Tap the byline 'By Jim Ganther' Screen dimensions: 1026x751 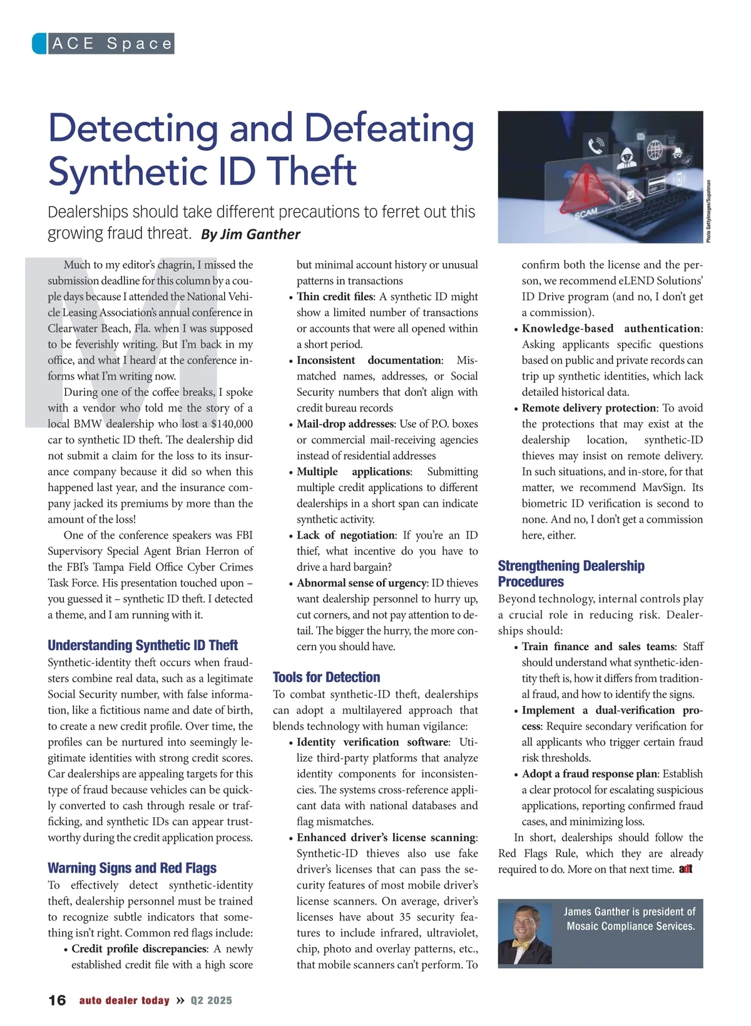tap(250, 234)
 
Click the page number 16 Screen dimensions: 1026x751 tap(57, 1000)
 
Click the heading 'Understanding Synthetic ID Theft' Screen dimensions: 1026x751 tap(143, 645)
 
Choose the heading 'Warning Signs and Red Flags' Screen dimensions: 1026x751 tap(132, 868)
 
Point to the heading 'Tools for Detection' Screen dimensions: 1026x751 tap(326, 677)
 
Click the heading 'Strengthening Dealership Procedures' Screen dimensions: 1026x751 tap(571, 574)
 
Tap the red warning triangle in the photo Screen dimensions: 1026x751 tap(585, 187)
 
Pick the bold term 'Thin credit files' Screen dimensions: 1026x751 tap(335, 297)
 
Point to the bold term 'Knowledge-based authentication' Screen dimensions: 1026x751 tap(611, 328)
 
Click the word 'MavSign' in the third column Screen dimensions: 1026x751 tap(664, 487)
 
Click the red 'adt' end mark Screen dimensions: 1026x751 tap(685, 869)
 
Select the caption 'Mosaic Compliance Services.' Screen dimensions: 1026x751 tap(631, 926)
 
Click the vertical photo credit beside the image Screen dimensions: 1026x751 tap(709, 211)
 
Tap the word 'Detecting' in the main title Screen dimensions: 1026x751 tap(133, 128)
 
